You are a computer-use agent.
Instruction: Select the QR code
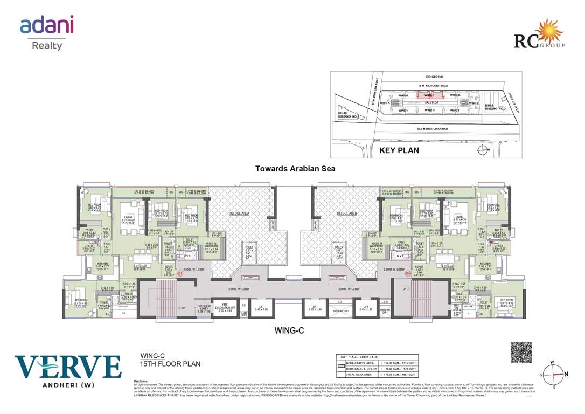(x=521, y=352)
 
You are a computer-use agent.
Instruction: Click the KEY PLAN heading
(x=399, y=150)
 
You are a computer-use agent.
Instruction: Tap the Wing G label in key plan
(x=429, y=110)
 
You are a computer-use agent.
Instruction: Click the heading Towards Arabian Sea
(x=295, y=169)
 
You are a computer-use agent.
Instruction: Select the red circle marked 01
(x=180, y=274)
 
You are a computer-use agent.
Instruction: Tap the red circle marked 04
(x=408, y=274)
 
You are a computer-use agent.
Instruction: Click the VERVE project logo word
(x=68, y=367)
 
